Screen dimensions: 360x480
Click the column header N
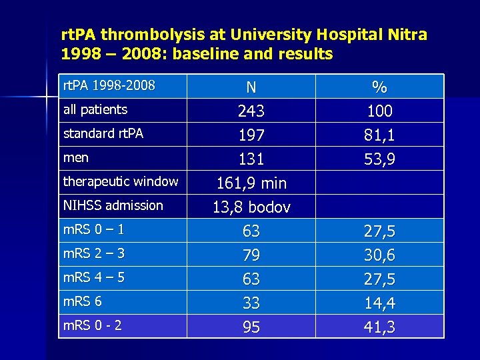pos(251,87)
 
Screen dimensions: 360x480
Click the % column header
pos(379,87)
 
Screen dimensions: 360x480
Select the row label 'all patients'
pos(95,109)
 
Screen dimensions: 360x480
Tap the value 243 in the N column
pos(251,111)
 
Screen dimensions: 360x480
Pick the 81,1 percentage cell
pos(379,135)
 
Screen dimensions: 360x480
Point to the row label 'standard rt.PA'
pos(103,133)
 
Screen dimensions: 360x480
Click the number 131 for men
pos(251,159)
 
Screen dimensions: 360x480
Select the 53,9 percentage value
pos(379,159)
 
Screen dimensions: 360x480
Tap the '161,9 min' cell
pos(251,183)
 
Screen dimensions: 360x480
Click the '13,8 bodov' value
pos(251,207)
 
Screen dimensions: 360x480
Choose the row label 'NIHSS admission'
pos(113,205)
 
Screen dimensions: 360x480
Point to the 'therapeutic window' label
pos(121,181)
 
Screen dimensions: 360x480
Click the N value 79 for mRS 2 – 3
pos(251,255)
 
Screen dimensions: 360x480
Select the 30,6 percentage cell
pos(379,255)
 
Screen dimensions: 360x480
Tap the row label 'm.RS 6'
pos(82,301)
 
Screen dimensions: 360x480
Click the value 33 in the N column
pos(251,303)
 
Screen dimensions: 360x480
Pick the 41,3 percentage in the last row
pos(379,327)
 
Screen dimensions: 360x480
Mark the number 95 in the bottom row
pos(251,327)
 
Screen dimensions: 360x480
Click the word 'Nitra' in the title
pos(406,34)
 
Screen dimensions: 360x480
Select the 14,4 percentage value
pos(379,303)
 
